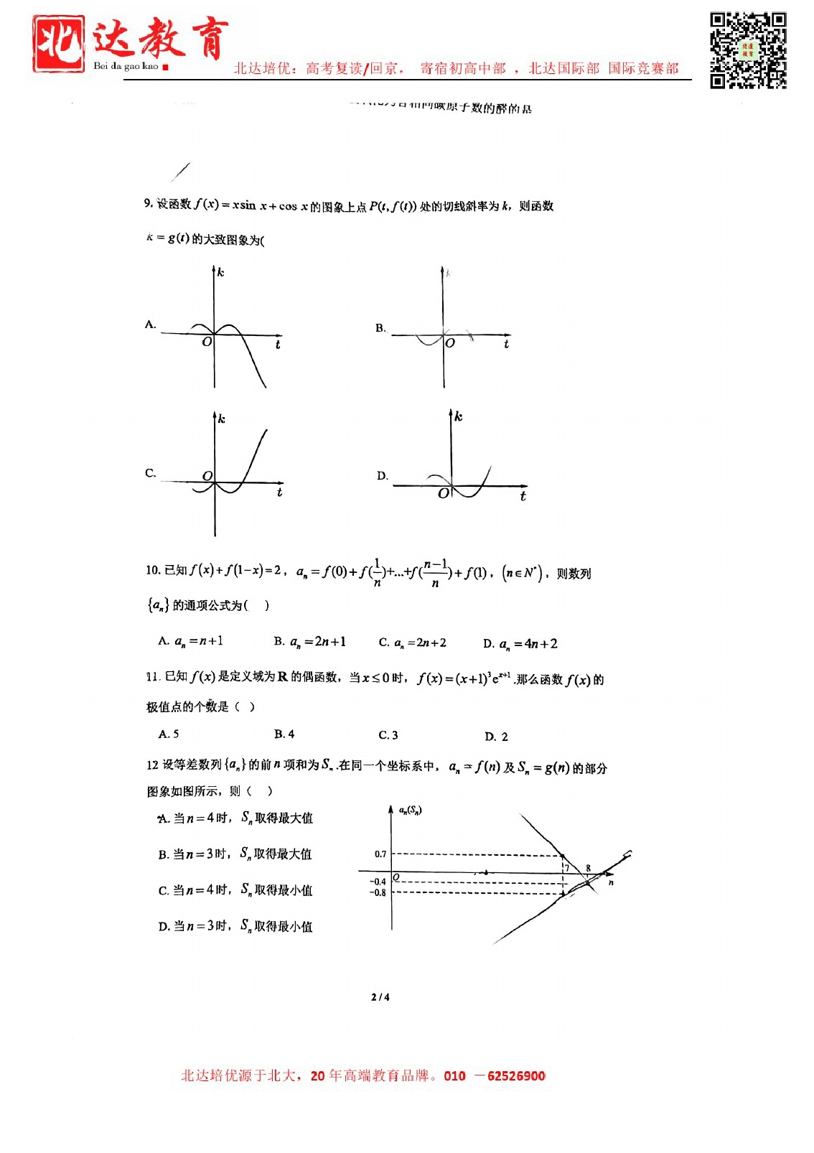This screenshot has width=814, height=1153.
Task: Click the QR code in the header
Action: [748, 50]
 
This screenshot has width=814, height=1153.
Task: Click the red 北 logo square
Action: [58, 44]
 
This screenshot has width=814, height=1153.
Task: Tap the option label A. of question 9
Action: [151, 325]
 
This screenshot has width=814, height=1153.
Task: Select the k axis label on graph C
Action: [222, 419]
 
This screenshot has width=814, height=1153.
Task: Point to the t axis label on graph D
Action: [523, 496]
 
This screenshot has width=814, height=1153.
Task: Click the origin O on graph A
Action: [207, 342]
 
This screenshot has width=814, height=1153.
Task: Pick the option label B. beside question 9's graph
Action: [380, 328]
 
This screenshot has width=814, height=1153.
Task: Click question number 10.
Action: [152, 570]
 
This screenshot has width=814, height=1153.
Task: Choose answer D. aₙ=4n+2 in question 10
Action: [520, 644]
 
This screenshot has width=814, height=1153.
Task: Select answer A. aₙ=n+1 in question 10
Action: [190, 641]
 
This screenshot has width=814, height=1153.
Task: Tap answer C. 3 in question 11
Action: [388, 735]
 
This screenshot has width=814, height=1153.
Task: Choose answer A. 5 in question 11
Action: [169, 734]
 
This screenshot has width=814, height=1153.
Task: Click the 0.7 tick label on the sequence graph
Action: [380, 854]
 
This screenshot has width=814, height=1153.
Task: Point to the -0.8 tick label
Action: [378, 893]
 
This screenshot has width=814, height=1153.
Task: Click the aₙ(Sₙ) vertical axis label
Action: [411, 811]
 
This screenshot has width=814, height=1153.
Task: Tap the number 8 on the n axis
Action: [588, 868]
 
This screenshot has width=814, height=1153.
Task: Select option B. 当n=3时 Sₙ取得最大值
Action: [235, 854]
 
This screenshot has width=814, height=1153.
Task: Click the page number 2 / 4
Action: [380, 996]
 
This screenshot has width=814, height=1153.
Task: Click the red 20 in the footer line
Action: [317, 1075]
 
